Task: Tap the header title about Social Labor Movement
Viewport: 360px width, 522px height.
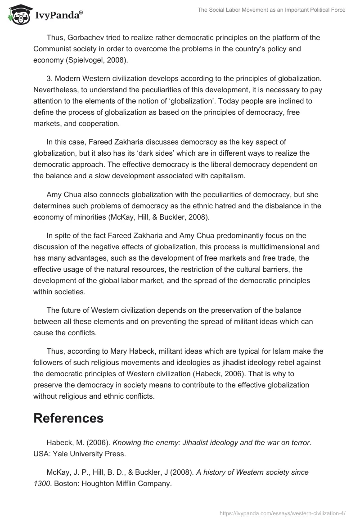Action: coord(271,10)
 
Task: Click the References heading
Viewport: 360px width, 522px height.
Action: coord(68,418)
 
